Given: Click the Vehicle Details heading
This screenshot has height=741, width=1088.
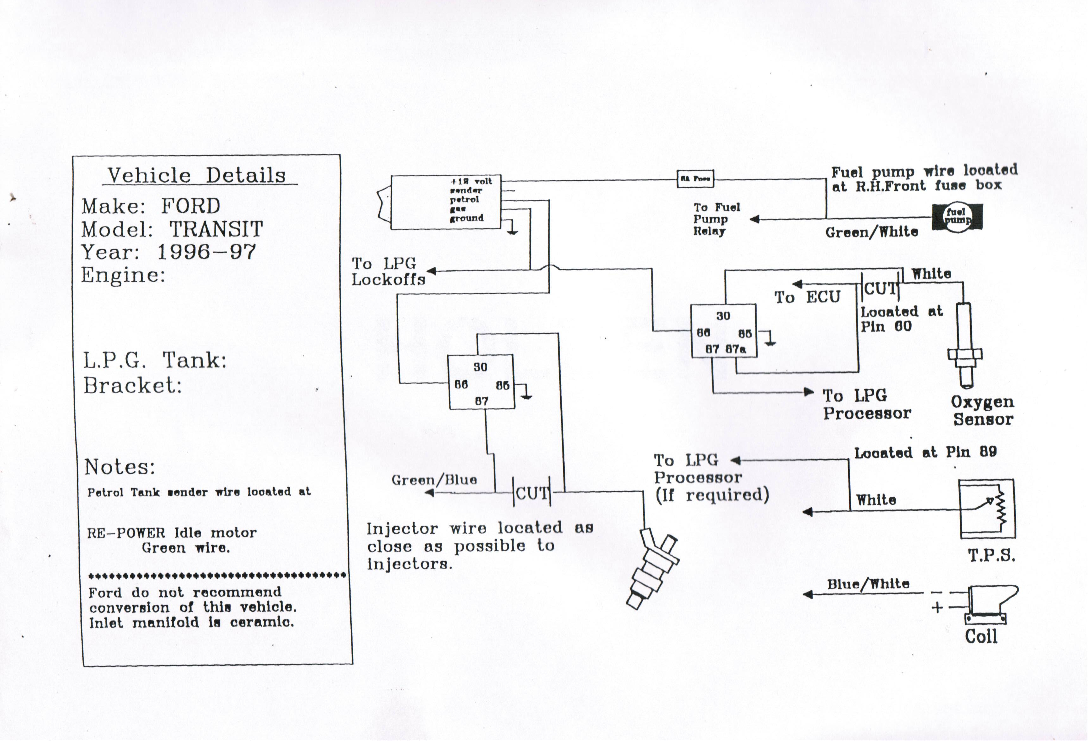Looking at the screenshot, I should click(x=197, y=175).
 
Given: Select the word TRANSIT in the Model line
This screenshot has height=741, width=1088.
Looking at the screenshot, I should click(x=216, y=229).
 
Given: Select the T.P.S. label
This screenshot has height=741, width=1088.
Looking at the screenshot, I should click(x=991, y=556).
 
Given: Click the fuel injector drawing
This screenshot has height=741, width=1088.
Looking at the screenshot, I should click(x=653, y=568).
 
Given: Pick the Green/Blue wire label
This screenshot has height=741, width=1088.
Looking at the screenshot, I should click(x=434, y=480).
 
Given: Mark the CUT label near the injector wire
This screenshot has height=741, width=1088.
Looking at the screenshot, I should click(x=532, y=493).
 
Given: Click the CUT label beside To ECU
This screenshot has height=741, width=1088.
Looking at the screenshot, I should click(x=880, y=289).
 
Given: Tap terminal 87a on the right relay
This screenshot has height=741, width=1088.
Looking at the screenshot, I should click(x=735, y=349).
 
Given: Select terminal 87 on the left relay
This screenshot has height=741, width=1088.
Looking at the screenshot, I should click(x=481, y=401).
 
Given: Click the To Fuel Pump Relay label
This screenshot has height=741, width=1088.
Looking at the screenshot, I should click(x=716, y=219).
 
